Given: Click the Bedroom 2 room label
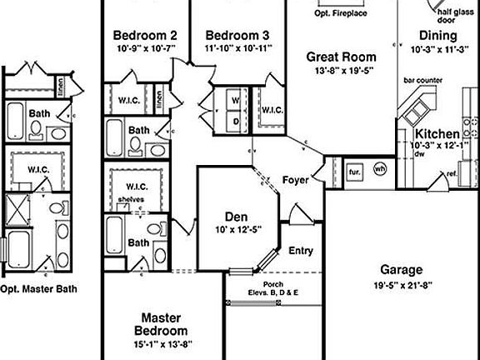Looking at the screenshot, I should (145, 36).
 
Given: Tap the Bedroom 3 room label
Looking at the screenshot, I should (237, 36).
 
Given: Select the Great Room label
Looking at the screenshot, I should (340, 57).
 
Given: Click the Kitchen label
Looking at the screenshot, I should (437, 133).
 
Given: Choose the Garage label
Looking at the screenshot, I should (402, 270).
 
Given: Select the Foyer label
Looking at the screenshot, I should (296, 180).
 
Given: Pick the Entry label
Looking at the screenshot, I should (300, 250).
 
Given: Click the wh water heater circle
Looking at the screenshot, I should (380, 169).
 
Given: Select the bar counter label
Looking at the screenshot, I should (422, 82).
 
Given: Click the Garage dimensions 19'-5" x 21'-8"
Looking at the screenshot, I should (402, 285).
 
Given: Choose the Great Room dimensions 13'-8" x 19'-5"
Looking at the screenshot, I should (340, 72).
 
